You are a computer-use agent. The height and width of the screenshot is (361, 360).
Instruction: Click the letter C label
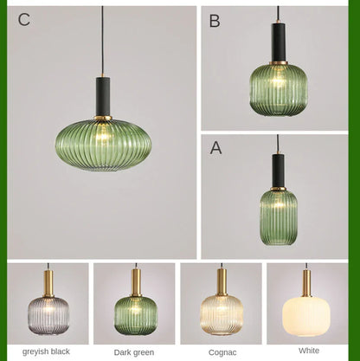pyautogui.click(x=24, y=20)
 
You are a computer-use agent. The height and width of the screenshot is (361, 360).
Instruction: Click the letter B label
pyautogui.click(x=215, y=22)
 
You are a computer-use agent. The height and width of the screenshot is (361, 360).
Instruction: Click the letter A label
pyautogui.click(x=215, y=148)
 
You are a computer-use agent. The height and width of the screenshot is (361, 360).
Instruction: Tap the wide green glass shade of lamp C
pyautogui.click(x=103, y=144)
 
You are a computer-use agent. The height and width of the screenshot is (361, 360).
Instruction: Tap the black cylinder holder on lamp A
pyautogui.click(x=278, y=170)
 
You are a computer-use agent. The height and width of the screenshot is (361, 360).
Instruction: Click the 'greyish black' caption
pyautogui.click(x=47, y=351)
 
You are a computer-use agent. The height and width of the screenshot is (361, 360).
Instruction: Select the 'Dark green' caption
pyautogui.click(x=134, y=352)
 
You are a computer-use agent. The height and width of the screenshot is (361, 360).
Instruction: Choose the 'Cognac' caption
pyautogui.click(x=222, y=352)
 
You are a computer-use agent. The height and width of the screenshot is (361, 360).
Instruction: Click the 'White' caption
pyautogui.click(x=309, y=351)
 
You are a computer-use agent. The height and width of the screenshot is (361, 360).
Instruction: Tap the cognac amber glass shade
pyautogui.click(x=222, y=314)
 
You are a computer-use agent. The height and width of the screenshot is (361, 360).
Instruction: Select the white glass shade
pyautogui.click(x=307, y=316)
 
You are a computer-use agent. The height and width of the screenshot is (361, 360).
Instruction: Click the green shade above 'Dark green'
pyautogui.click(x=135, y=314)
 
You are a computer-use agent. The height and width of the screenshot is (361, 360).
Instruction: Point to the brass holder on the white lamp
pyautogui.click(x=307, y=282)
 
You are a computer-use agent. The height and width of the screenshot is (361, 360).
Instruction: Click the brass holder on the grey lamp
pyautogui.click(x=48, y=281)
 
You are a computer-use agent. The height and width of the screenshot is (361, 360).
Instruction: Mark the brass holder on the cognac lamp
pyautogui.click(x=222, y=281)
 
